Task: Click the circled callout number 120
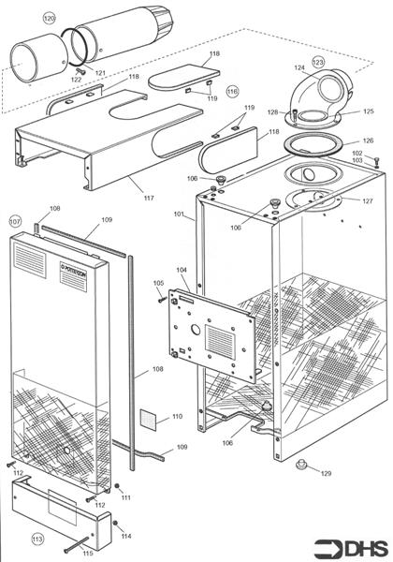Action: (x=50, y=19)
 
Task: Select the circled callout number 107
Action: (x=15, y=221)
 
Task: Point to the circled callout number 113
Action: (x=37, y=540)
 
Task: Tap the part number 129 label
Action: (x=327, y=474)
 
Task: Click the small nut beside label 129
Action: (x=301, y=466)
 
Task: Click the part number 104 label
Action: (x=182, y=270)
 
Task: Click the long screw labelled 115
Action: (x=80, y=544)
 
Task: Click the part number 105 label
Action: (x=158, y=283)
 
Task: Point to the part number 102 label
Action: (x=357, y=153)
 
